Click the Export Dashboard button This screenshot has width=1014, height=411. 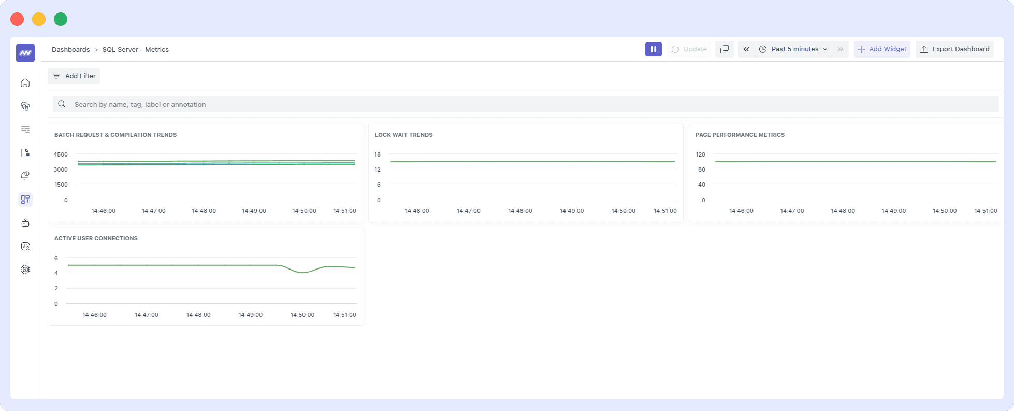[x=954, y=49]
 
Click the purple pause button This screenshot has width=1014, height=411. [x=653, y=49]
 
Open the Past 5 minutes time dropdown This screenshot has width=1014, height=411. [x=794, y=49]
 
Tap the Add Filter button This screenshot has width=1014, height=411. [x=74, y=76]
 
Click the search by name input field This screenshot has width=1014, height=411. [x=518, y=104]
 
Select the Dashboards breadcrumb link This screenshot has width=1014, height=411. [x=71, y=50]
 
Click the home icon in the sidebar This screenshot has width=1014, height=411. [x=25, y=83]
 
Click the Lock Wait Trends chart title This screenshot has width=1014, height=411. [x=403, y=135]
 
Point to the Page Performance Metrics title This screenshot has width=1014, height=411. [x=740, y=135]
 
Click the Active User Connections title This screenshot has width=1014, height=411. [x=96, y=238]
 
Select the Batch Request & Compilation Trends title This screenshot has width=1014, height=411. [x=115, y=135]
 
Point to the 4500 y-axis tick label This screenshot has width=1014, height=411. [x=61, y=154]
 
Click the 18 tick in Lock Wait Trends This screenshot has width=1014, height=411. [x=378, y=154]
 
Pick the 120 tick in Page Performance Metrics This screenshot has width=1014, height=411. [x=700, y=154]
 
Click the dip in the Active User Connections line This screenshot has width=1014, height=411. [x=303, y=272]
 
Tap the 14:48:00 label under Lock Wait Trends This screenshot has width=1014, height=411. [x=520, y=211]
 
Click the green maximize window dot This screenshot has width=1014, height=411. [x=61, y=19]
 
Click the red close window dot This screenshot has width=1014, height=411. [x=17, y=19]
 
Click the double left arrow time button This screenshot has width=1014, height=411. [x=746, y=49]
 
